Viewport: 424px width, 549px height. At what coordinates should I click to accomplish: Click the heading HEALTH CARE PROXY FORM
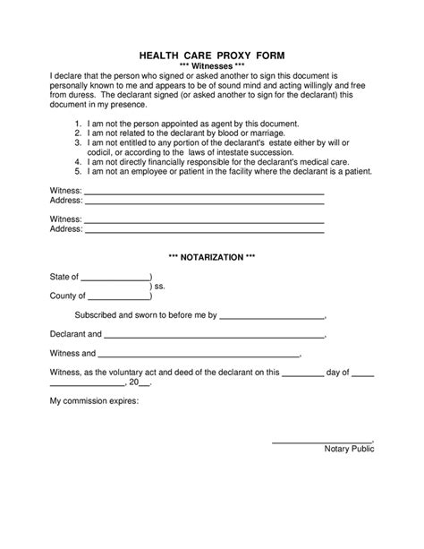pyautogui.click(x=212, y=55)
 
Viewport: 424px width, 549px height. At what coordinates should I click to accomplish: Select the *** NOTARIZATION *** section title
pyautogui.click(x=212, y=257)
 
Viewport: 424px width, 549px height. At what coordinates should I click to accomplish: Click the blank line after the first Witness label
pyautogui.click(x=203, y=193)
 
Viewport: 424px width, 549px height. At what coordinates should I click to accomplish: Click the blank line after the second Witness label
pyautogui.click(x=203, y=219)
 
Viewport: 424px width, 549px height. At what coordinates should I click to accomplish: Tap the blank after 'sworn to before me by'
pyautogui.click(x=272, y=316)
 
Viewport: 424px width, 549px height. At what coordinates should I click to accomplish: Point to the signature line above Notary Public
pyautogui.click(x=322, y=440)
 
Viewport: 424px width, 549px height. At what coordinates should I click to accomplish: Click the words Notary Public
pyautogui.click(x=349, y=449)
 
